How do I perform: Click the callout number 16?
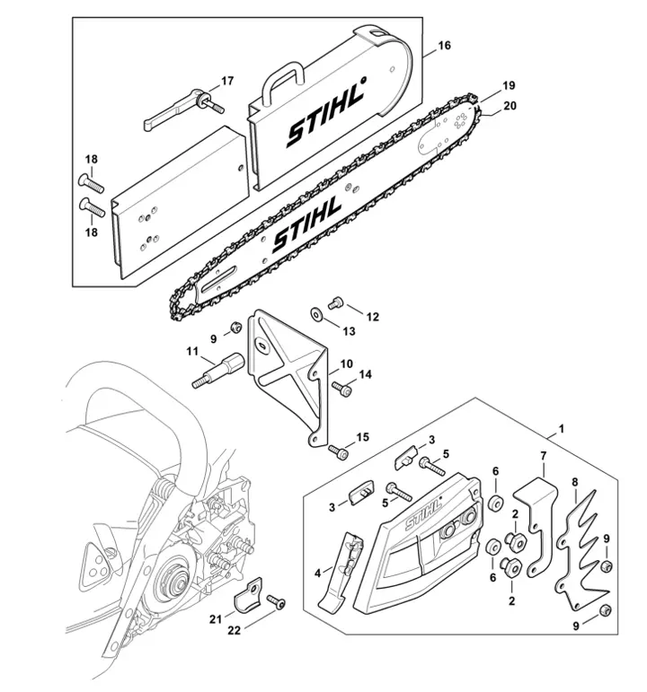point(444,44)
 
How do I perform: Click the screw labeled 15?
point(338,451)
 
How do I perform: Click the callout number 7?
point(543,457)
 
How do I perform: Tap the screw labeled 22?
point(278,606)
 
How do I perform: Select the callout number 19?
point(509,86)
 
